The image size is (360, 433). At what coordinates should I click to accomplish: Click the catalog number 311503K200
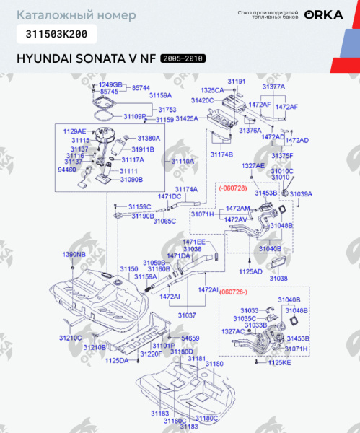[53, 33]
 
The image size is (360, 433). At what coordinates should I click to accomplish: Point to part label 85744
[141, 87]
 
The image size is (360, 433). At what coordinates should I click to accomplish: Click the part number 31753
[167, 109]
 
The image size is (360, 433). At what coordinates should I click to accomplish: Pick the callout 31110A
[183, 162]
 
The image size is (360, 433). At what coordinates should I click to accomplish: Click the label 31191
[237, 81]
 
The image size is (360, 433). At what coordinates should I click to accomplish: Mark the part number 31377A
[273, 86]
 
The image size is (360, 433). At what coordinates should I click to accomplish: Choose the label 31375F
[282, 155]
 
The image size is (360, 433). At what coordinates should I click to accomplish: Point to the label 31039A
[301, 193]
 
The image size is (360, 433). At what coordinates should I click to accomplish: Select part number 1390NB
[73, 255]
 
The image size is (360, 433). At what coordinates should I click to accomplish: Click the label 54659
[190, 337]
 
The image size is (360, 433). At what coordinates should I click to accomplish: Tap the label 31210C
[70, 337]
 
